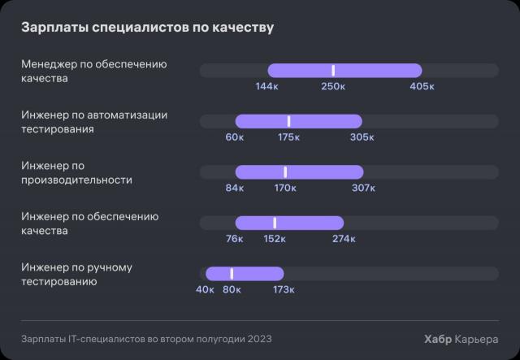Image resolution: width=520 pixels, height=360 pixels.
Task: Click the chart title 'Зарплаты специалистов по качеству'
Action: (x=147, y=28)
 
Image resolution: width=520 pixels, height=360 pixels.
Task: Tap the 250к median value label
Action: (x=333, y=86)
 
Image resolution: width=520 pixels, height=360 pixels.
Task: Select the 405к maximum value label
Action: (x=422, y=86)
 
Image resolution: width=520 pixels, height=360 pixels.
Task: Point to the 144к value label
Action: (x=268, y=86)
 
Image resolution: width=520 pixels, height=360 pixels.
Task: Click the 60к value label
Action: (x=235, y=137)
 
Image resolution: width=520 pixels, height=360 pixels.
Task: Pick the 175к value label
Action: (x=289, y=137)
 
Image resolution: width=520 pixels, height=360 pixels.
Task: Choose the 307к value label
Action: (x=363, y=189)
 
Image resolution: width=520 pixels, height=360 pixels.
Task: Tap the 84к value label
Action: (x=235, y=189)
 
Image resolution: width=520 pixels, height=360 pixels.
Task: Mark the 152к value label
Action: (x=275, y=239)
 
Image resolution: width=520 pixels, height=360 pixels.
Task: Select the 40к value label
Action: (x=205, y=289)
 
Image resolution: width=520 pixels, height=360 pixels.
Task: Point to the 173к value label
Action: (x=284, y=289)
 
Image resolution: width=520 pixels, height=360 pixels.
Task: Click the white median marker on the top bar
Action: (x=333, y=71)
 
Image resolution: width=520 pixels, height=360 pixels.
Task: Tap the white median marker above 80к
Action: (x=232, y=274)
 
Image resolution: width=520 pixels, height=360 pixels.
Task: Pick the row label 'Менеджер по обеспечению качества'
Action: (x=93, y=72)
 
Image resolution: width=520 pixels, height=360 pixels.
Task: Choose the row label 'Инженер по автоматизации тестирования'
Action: (x=94, y=122)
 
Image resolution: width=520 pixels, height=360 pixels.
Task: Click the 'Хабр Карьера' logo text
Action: (x=461, y=339)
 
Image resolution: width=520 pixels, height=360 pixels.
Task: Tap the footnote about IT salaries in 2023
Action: (x=146, y=339)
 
